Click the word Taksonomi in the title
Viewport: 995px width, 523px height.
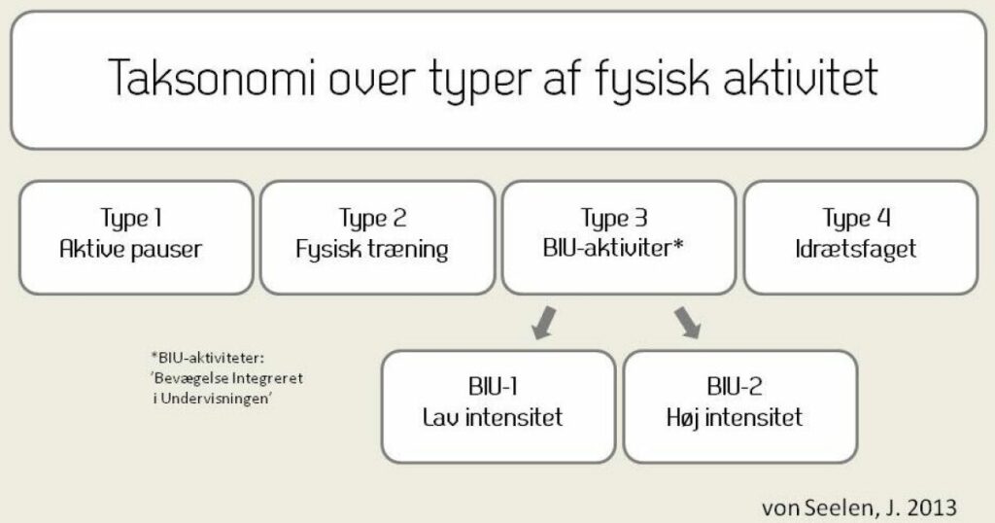tap(211, 78)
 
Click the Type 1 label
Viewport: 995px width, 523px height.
tap(131, 219)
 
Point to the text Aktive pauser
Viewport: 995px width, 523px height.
tap(131, 249)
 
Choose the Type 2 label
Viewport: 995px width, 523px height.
tap(372, 219)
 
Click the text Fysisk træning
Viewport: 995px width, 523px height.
tap(372, 250)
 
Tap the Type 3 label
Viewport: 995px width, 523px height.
tap(614, 219)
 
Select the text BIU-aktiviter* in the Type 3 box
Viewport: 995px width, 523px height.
tap(613, 248)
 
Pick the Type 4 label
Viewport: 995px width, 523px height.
tap(856, 219)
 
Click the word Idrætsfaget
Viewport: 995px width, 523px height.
tap(855, 250)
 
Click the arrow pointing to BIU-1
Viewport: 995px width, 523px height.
tap(543, 323)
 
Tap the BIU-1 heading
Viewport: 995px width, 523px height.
tap(493, 387)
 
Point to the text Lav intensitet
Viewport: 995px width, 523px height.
tap(493, 417)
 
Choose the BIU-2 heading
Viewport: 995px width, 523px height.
tap(735, 387)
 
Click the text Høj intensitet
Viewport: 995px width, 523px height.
tap(735, 418)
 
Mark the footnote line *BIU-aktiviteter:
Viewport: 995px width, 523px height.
tap(208, 358)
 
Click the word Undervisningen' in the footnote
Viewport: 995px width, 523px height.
tap(217, 400)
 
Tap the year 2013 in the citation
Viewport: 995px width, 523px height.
tap(932, 507)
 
